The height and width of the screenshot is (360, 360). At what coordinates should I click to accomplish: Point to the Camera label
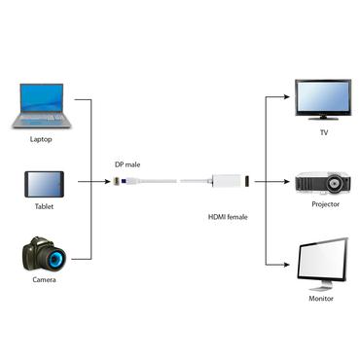(x=43, y=280)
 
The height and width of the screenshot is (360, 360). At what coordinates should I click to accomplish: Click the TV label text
(x=324, y=132)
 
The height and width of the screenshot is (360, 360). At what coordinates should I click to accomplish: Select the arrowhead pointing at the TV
(x=289, y=97)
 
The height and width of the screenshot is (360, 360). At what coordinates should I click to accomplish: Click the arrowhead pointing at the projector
(x=289, y=182)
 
